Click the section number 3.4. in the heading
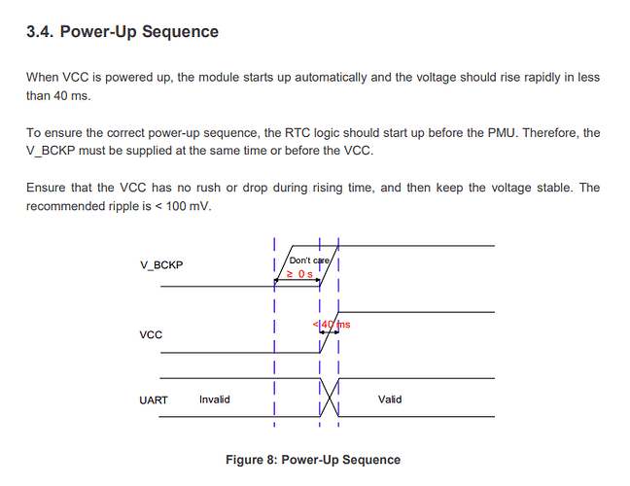point(41,32)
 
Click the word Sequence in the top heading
point(182,32)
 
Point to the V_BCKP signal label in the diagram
point(160,265)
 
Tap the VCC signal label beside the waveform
point(152,334)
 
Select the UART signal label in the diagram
point(156,399)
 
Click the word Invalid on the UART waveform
point(215,399)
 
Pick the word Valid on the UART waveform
point(390,399)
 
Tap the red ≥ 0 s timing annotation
point(298,274)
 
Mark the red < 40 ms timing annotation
point(332,324)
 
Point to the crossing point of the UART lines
point(329,399)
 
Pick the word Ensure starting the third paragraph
point(48,187)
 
